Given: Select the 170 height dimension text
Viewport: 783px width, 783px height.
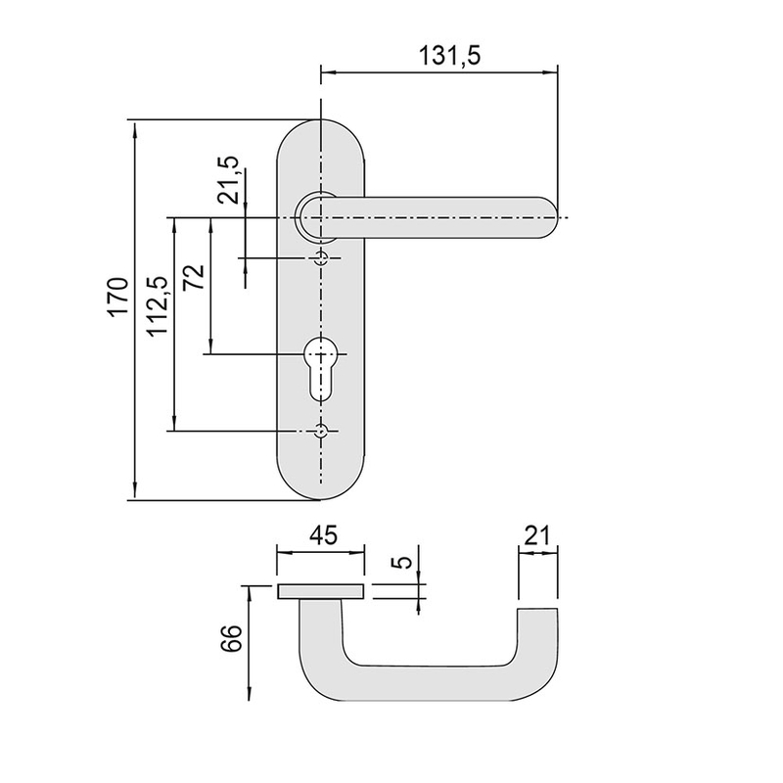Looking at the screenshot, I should click(x=117, y=298).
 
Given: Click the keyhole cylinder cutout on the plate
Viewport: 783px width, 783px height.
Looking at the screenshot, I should click(x=320, y=365).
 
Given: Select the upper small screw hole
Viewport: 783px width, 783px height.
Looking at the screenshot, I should click(x=320, y=258).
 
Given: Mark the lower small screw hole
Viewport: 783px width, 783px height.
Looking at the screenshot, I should click(x=320, y=431).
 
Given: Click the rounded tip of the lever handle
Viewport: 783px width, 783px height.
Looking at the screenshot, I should click(x=550, y=216).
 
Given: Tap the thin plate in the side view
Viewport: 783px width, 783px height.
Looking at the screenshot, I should click(x=321, y=590).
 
